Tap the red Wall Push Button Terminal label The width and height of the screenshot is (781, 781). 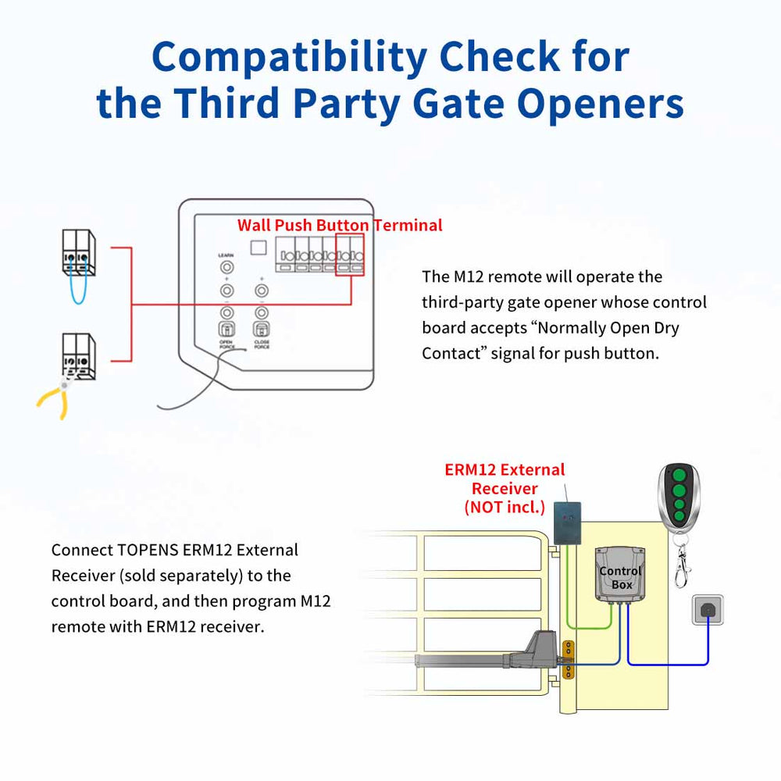tap(340, 226)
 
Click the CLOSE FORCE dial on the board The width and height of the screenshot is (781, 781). tap(262, 328)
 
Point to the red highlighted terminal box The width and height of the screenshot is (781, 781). tap(351, 255)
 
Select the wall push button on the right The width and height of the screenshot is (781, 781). tap(708, 610)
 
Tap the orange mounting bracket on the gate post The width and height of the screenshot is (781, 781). tap(569, 661)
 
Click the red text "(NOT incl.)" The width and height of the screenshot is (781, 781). tap(505, 507)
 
